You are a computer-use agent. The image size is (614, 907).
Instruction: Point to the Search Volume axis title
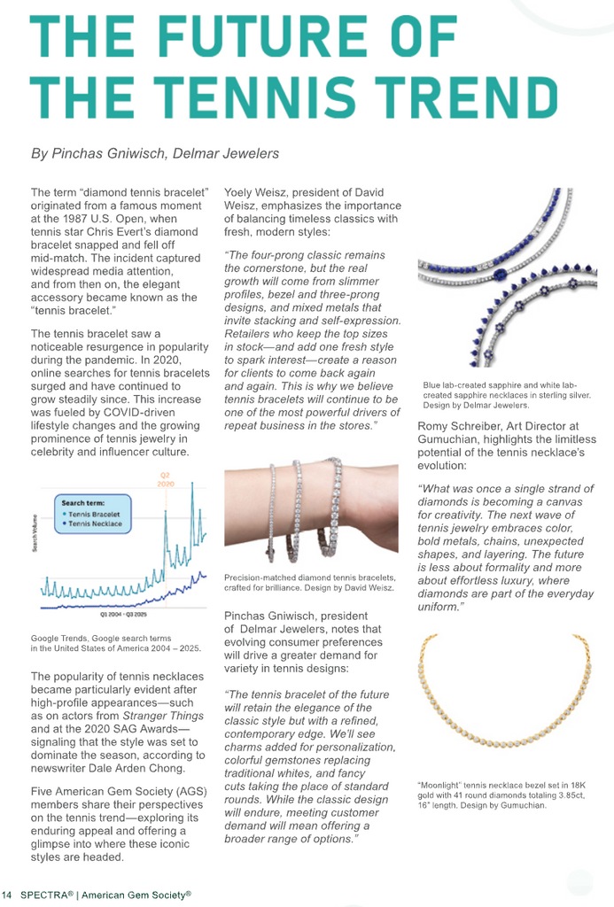(35, 541)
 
